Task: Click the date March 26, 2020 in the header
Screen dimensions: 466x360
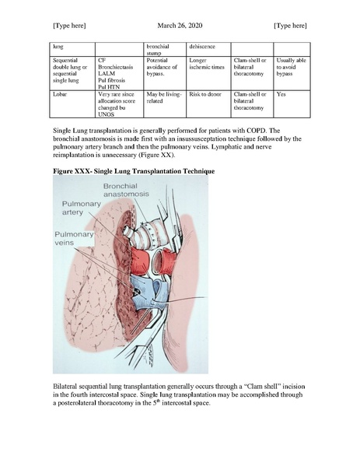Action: [x=180, y=26]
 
